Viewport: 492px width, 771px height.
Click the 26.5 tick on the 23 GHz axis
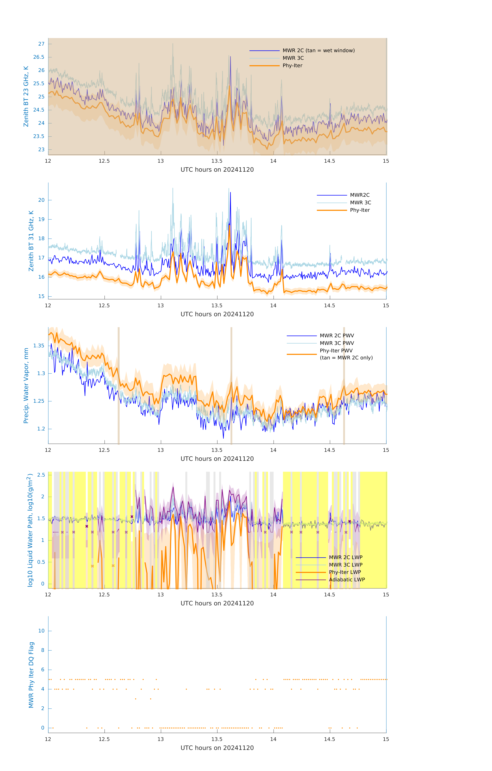(x=39, y=57)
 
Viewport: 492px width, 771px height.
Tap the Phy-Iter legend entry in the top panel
(x=292, y=66)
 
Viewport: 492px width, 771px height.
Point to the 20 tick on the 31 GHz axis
(x=41, y=200)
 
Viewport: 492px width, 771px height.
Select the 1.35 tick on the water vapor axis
(x=39, y=346)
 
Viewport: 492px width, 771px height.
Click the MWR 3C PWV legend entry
(x=336, y=343)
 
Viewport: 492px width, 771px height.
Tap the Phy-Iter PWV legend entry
(x=336, y=351)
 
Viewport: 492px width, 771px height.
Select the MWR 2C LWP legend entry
(x=345, y=557)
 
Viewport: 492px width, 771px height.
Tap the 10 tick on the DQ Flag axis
(x=41, y=631)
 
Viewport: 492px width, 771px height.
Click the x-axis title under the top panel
(x=217, y=170)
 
